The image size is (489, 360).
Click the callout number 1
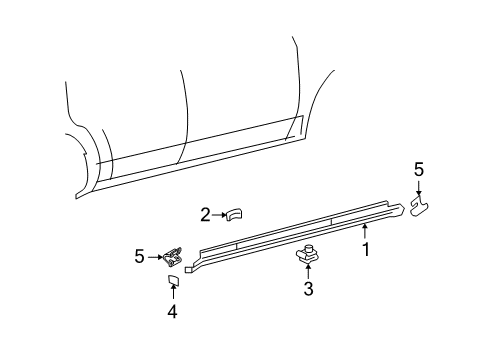click(x=365, y=249)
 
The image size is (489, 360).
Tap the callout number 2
click(x=205, y=213)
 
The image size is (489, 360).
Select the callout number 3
click(x=308, y=290)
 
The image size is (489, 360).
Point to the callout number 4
click(x=172, y=312)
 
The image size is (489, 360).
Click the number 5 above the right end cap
click(x=419, y=170)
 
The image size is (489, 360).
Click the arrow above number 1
click(x=365, y=233)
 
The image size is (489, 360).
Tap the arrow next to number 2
click(x=219, y=213)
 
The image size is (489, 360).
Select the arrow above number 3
click(x=308, y=272)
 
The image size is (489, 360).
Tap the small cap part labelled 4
click(x=172, y=279)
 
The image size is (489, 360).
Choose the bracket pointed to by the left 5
click(x=174, y=258)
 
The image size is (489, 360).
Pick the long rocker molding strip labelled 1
click(x=290, y=241)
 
